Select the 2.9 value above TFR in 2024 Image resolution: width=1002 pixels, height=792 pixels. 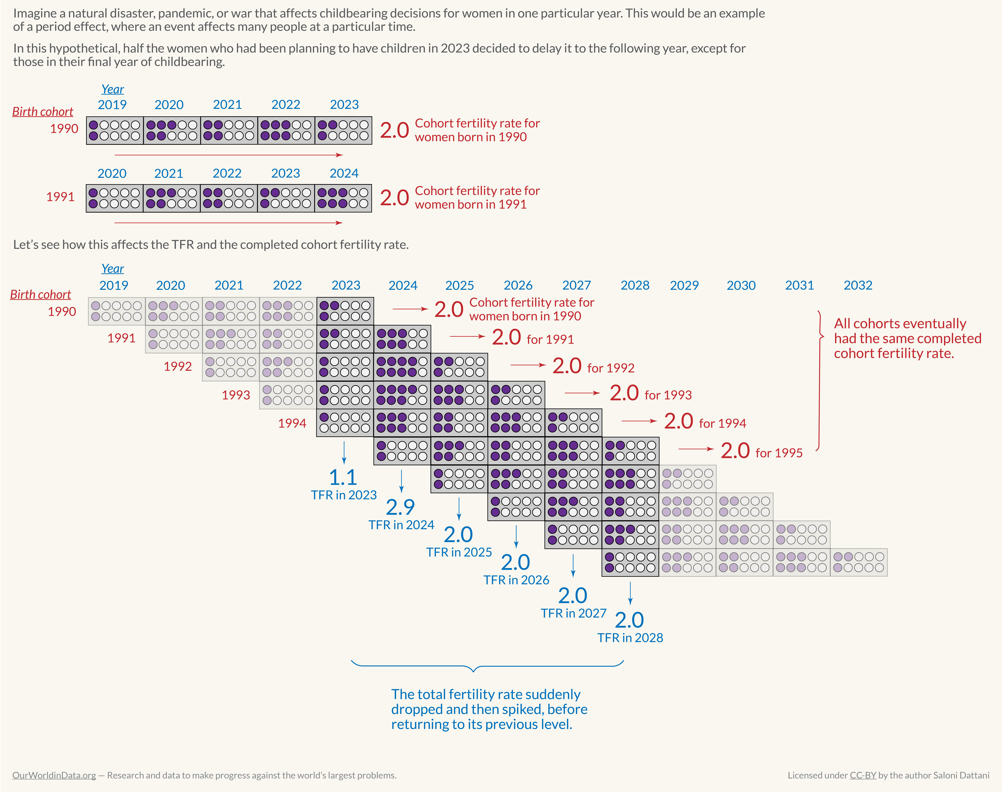tap(400, 507)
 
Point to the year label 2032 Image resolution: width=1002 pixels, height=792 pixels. tap(858, 285)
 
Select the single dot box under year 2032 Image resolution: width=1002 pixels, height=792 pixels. tap(858, 562)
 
